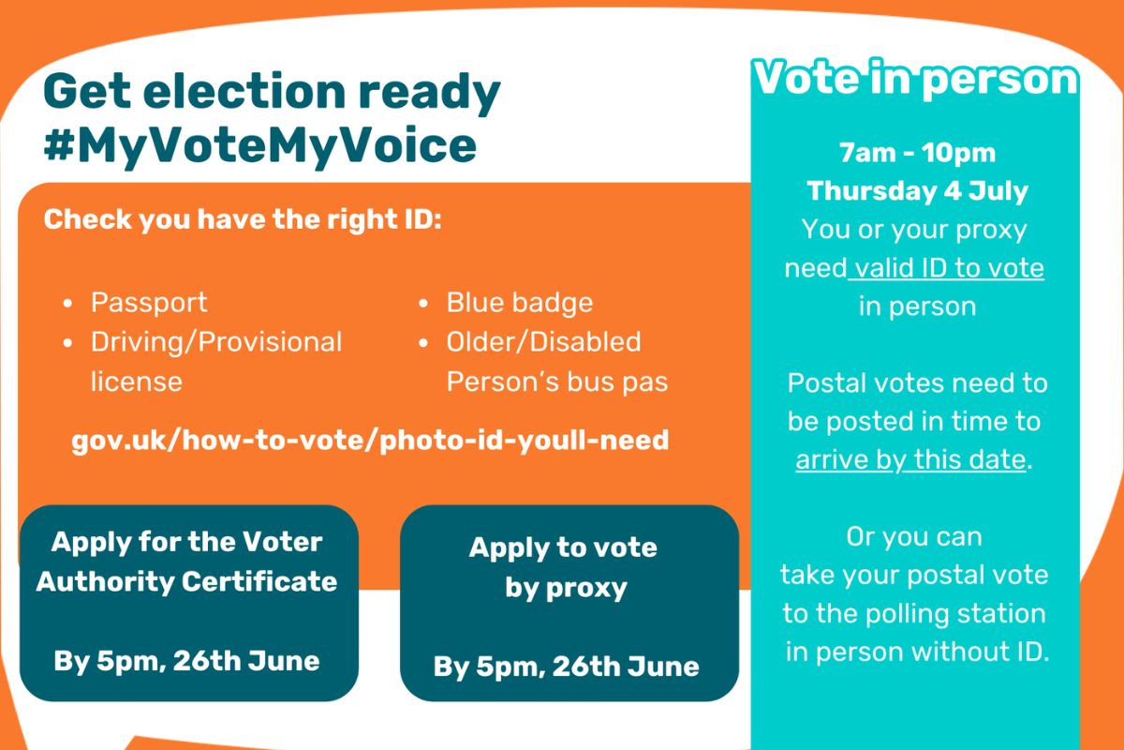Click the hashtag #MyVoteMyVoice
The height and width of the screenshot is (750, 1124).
tap(260, 145)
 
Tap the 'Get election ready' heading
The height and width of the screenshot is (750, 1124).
tap(272, 93)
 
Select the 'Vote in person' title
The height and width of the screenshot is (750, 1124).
tap(915, 79)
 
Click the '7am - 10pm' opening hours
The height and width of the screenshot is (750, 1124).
tap(917, 153)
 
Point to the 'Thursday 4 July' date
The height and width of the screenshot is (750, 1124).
tap(917, 191)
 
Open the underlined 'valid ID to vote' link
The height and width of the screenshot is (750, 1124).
tap(946, 268)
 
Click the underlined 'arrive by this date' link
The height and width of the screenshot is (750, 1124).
tap(910, 459)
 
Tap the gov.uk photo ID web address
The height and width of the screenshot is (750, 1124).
tap(370, 441)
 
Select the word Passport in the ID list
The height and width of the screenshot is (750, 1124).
tap(149, 303)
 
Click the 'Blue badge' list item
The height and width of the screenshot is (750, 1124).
tap(520, 303)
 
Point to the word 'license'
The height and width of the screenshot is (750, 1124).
tap(137, 382)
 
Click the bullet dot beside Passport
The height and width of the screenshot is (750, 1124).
tap(67, 304)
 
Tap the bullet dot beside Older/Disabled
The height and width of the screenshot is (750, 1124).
tap(423, 343)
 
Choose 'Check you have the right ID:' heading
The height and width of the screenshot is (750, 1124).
tap(243, 220)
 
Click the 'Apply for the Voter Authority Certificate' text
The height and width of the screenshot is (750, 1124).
tap(186, 562)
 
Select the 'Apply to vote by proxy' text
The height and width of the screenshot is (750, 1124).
tap(564, 567)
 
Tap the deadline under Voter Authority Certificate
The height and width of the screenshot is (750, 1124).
tap(186, 661)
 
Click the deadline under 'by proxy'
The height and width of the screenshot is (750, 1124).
tap(566, 667)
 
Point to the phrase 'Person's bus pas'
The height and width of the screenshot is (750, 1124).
tap(557, 382)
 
